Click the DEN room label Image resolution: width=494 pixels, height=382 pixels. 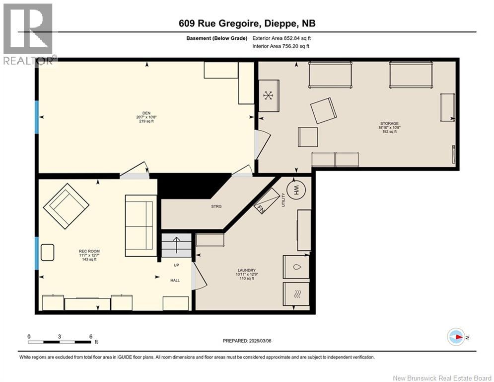pyautogui.click(x=146, y=113)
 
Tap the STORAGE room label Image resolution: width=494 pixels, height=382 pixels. pyautogui.click(x=389, y=123)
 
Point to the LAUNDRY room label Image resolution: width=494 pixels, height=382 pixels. pyautogui.click(x=247, y=270)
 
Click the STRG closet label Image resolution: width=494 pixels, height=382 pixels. pyautogui.click(x=216, y=206)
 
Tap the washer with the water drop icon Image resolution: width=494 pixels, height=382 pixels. pyautogui.click(x=296, y=267)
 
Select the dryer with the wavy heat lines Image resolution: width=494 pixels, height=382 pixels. pyautogui.click(x=296, y=294)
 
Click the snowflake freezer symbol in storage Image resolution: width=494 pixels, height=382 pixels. pyautogui.click(x=268, y=95)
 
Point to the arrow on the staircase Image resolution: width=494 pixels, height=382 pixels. pyautogui.click(x=176, y=245)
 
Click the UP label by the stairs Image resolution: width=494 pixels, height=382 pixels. pyautogui.click(x=176, y=265)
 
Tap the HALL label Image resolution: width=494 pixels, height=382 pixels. pyautogui.click(x=175, y=281)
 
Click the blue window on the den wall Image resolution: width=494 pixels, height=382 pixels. pyautogui.click(x=37, y=117)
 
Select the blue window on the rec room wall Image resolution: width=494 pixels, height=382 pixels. pyautogui.click(x=37, y=253)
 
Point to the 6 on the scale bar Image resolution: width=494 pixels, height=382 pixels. pyautogui.click(x=91, y=337)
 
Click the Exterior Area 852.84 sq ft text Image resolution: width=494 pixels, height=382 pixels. pyautogui.click(x=282, y=38)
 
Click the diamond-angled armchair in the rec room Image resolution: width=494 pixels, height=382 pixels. pyautogui.click(x=66, y=206)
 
